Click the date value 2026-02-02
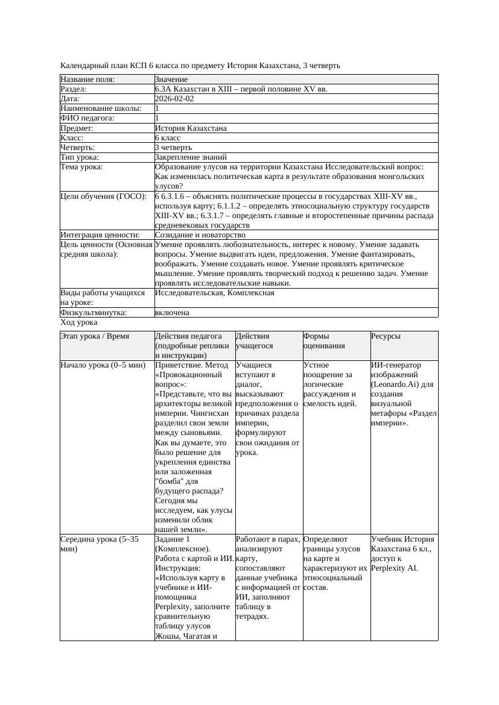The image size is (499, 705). coord(174,99)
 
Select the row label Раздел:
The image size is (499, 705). coord(74,89)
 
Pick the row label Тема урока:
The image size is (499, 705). coord(81,167)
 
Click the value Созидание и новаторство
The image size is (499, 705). coord(200,235)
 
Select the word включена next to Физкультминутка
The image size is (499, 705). coord(172,313)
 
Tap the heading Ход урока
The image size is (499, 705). coord(79,322)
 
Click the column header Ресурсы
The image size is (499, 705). coord(386,336)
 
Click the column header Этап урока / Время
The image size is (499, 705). coord(95,336)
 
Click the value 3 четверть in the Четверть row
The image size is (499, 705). coord(173,147)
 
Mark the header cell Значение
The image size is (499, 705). coord(171,80)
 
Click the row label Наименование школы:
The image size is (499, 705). coord(101,108)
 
